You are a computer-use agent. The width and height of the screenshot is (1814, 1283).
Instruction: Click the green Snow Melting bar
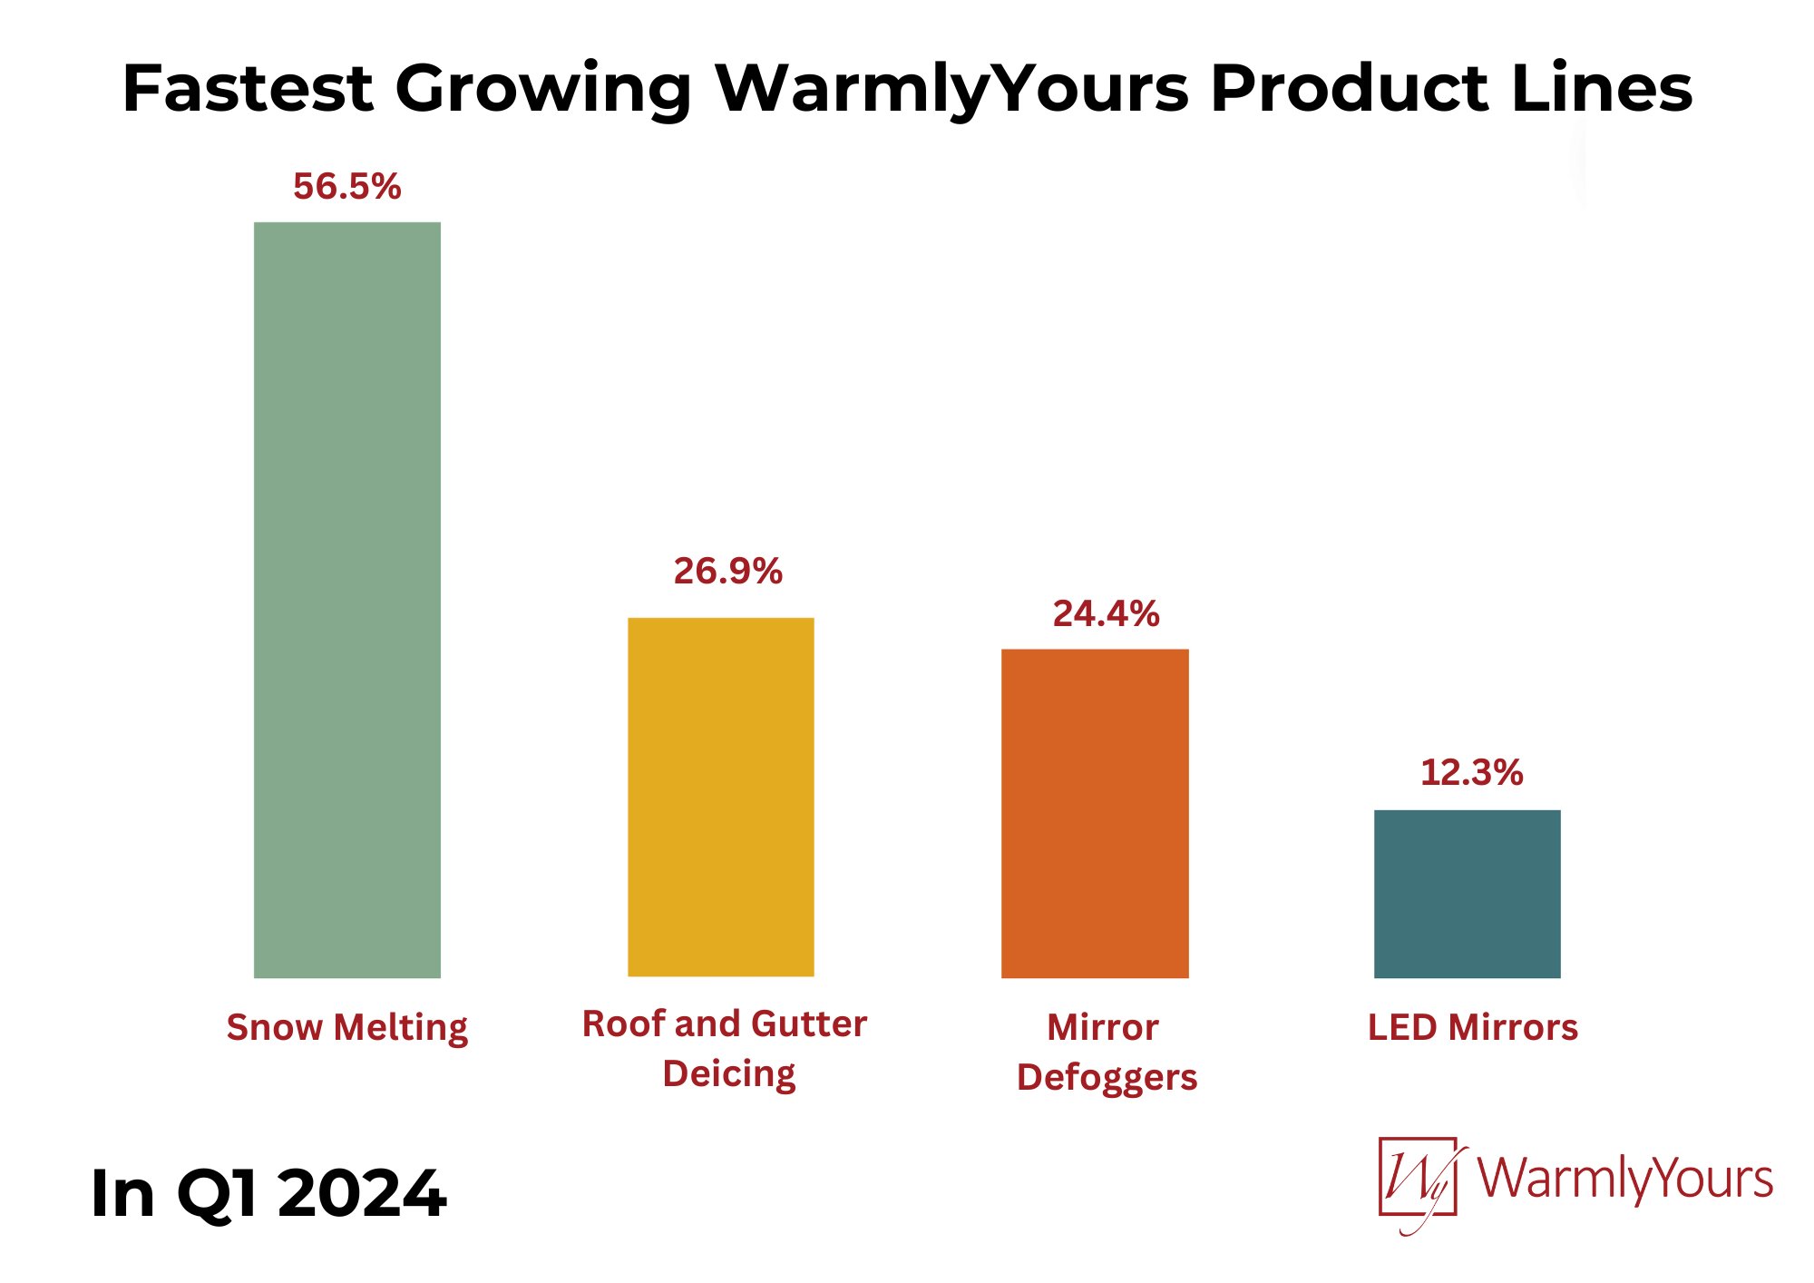[x=347, y=600]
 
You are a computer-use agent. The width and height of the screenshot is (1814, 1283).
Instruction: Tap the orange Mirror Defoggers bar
[x=1095, y=813]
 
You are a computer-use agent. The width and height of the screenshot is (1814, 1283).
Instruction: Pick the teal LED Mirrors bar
[x=1468, y=894]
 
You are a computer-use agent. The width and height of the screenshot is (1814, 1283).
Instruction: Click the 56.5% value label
[x=347, y=187]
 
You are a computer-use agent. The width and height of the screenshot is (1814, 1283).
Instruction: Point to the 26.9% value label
[x=727, y=572]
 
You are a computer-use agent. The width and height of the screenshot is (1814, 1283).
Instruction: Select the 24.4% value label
[x=1106, y=614]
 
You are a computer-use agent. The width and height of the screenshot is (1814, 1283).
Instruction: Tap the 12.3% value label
[x=1471, y=773]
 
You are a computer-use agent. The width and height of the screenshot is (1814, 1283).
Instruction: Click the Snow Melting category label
[x=347, y=1028]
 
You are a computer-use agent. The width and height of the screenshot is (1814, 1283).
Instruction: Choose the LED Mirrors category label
[x=1473, y=1027]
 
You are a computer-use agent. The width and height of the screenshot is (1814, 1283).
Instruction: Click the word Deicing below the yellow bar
[x=729, y=1074]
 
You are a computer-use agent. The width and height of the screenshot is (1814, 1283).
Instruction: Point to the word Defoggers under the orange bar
[x=1107, y=1077]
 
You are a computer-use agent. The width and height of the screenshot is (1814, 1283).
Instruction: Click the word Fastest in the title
[x=247, y=89]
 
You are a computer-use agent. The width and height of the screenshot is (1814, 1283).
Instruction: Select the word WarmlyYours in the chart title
[x=952, y=89]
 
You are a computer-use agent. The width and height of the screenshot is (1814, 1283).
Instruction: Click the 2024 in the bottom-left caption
[x=362, y=1194]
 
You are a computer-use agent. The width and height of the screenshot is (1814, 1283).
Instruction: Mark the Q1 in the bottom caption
[x=217, y=1194]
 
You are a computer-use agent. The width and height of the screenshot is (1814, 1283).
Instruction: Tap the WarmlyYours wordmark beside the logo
[x=1625, y=1180]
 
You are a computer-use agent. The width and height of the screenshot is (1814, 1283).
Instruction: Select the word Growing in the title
[x=543, y=89]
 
